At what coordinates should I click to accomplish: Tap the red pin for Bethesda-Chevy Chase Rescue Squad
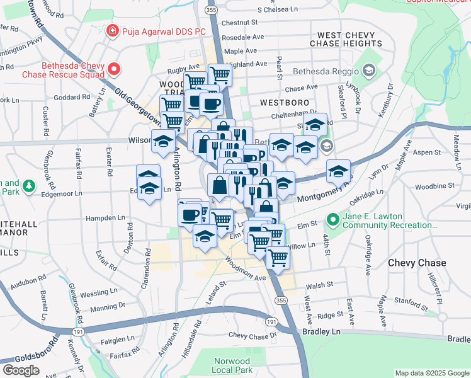(x=114, y=69)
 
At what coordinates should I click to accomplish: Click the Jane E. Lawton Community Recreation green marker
(x=332, y=220)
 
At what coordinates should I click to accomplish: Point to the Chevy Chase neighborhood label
(x=417, y=263)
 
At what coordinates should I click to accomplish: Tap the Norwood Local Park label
(x=231, y=365)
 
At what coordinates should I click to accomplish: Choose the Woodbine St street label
(x=430, y=186)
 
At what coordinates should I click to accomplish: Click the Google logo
(x=21, y=370)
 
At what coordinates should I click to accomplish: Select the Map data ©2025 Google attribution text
(x=431, y=373)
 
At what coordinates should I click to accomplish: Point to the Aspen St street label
(x=427, y=152)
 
